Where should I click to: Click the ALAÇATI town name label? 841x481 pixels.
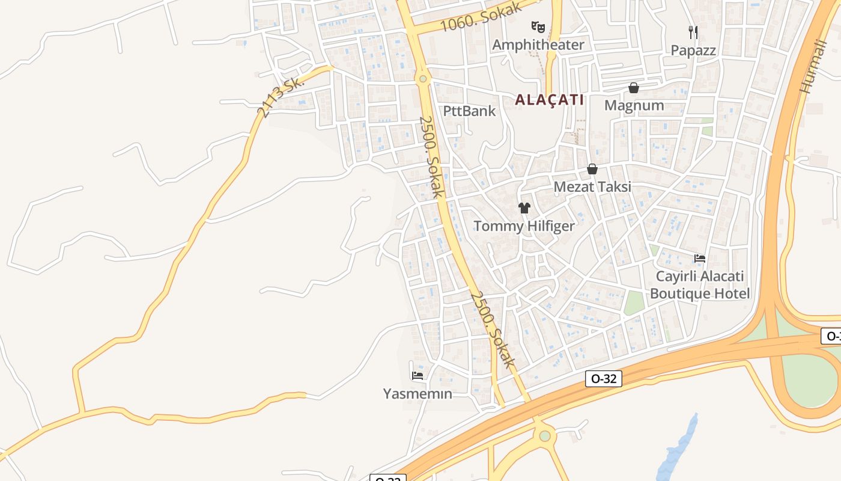click(x=549, y=100)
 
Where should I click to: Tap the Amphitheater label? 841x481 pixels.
click(x=538, y=44)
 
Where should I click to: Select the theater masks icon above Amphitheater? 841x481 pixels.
click(x=538, y=26)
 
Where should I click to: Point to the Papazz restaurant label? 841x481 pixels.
click(x=693, y=50)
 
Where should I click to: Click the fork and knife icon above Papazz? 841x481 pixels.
click(x=693, y=32)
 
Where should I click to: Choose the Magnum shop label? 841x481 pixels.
click(x=634, y=105)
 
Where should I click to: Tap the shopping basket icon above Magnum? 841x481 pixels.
click(x=633, y=88)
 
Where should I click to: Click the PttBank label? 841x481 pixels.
click(x=469, y=111)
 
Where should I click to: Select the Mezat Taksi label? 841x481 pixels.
click(x=592, y=186)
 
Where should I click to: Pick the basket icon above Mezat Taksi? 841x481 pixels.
click(x=592, y=169)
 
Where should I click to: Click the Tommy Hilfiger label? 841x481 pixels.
click(x=524, y=226)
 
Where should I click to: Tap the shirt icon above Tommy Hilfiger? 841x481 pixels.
click(x=524, y=208)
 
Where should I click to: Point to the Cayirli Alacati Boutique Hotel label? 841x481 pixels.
click(x=700, y=285)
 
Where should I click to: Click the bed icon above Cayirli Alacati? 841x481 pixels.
click(x=699, y=259)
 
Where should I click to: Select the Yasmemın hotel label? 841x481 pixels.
click(x=417, y=394)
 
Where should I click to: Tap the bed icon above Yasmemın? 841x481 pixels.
click(x=417, y=376)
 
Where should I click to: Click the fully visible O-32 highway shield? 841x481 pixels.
click(x=603, y=379)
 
